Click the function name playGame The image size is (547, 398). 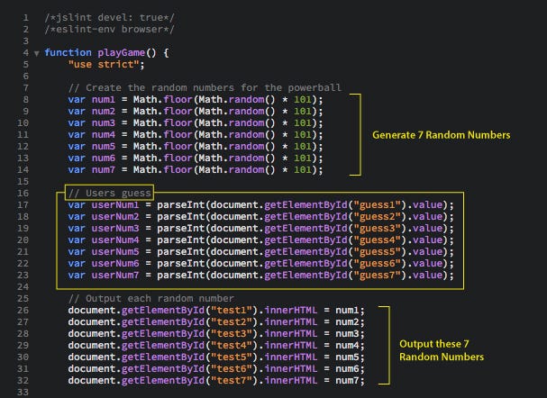(123, 52)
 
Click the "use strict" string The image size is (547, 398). (105, 64)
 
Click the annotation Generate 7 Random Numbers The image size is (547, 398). (441, 134)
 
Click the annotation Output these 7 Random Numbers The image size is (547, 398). (441, 351)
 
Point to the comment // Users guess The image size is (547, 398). (109, 193)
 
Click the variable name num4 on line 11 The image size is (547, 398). (103, 134)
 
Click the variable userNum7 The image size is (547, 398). (114, 275)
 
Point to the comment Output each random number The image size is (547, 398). (151, 298)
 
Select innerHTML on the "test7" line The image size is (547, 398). (269, 380)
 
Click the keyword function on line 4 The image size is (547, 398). (67, 52)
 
